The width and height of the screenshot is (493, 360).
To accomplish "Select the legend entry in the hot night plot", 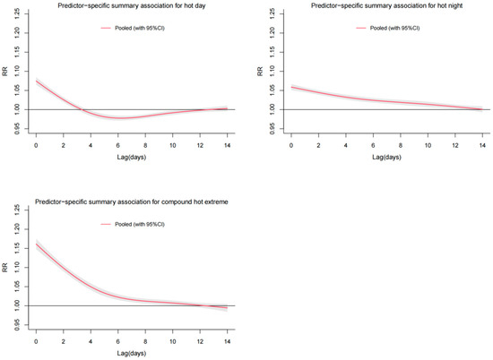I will (402, 29).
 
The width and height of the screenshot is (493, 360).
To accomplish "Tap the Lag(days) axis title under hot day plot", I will (130, 159).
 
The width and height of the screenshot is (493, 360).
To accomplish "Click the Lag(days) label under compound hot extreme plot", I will (130, 355).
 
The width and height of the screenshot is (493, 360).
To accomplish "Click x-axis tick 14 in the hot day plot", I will (227, 145).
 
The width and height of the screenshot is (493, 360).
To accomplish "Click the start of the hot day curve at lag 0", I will (36, 81).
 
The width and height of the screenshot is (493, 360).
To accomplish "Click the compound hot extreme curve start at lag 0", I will (36, 243).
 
